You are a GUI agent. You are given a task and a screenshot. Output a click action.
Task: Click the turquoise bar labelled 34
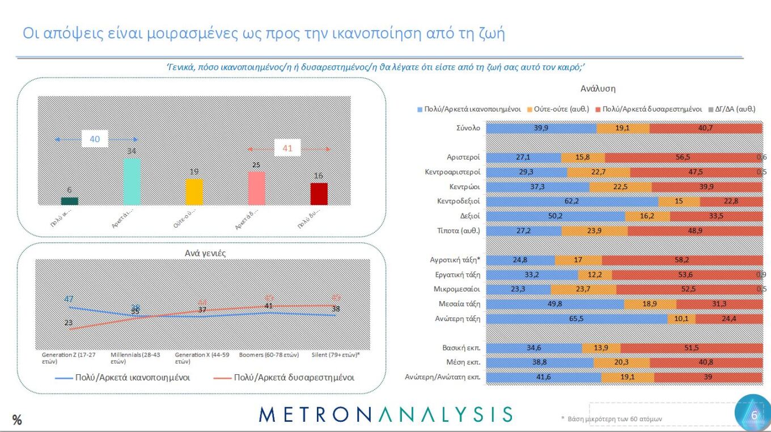click(132, 181)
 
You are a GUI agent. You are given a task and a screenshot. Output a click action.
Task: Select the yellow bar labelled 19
click(194, 191)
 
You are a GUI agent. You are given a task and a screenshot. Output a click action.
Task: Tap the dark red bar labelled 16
click(319, 194)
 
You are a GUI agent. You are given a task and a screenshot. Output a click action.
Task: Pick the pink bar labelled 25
click(257, 187)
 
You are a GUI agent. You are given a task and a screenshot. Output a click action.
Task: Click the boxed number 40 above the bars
click(95, 139)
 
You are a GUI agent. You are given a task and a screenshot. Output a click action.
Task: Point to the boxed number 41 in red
click(288, 148)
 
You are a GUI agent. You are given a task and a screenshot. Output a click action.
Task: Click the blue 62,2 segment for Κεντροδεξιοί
click(572, 202)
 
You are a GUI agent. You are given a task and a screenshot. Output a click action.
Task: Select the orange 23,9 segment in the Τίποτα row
click(594, 231)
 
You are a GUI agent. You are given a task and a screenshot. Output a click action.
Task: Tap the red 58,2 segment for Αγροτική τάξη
click(682, 260)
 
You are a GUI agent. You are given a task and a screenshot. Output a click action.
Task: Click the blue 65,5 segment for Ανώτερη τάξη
click(577, 319)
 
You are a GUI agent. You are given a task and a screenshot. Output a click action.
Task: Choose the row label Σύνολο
click(468, 128)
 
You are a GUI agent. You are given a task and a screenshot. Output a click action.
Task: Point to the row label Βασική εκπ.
click(461, 348)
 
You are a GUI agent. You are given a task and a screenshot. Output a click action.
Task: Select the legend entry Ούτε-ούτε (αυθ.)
click(558, 109)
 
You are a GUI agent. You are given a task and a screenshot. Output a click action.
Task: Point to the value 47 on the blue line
click(69, 299)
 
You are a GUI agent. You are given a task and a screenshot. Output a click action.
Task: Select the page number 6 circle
click(753, 415)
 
